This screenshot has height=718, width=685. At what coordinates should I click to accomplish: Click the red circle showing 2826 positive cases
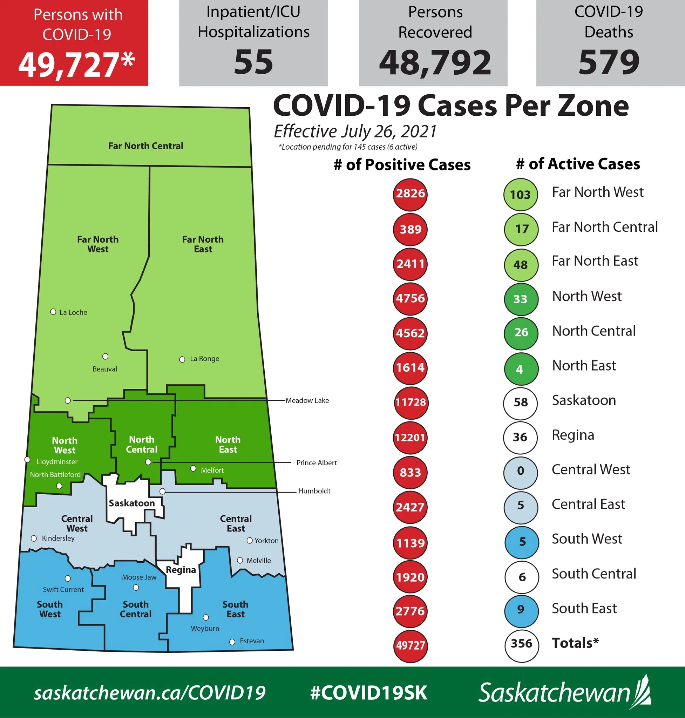click(x=410, y=194)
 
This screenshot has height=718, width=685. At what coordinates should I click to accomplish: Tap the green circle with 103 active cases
click(x=520, y=194)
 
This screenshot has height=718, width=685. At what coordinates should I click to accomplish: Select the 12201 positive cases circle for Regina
click(x=410, y=437)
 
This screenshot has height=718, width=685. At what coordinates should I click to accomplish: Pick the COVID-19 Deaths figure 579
click(x=609, y=62)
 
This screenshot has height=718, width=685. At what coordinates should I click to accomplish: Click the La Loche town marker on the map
click(x=53, y=312)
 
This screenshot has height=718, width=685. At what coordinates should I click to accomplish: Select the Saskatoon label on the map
click(x=132, y=503)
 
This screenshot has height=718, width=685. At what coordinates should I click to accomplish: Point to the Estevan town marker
click(x=232, y=642)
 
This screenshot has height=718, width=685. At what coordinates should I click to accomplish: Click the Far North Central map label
click(x=146, y=146)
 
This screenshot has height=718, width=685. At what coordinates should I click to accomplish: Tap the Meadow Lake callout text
click(x=307, y=400)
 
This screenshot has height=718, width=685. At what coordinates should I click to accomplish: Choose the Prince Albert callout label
click(x=316, y=462)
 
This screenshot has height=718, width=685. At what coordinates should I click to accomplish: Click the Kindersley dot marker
click(x=34, y=538)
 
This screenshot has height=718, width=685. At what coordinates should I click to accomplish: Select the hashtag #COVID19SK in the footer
click(x=368, y=692)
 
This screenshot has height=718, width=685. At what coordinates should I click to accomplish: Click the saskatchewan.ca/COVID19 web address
click(x=150, y=692)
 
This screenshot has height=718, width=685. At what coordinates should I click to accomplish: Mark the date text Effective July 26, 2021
click(x=355, y=131)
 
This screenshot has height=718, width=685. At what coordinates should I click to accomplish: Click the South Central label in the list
click(x=594, y=574)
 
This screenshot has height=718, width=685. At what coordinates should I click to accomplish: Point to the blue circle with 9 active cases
click(x=521, y=609)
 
